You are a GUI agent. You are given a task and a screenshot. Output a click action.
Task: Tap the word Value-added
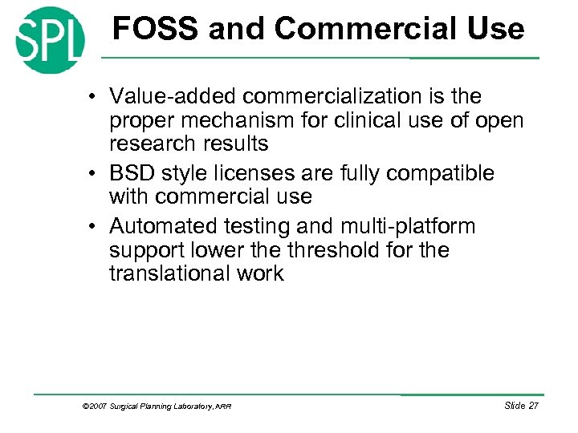click(x=173, y=96)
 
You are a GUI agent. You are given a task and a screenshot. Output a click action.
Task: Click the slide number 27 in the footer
click(x=532, y=406)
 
